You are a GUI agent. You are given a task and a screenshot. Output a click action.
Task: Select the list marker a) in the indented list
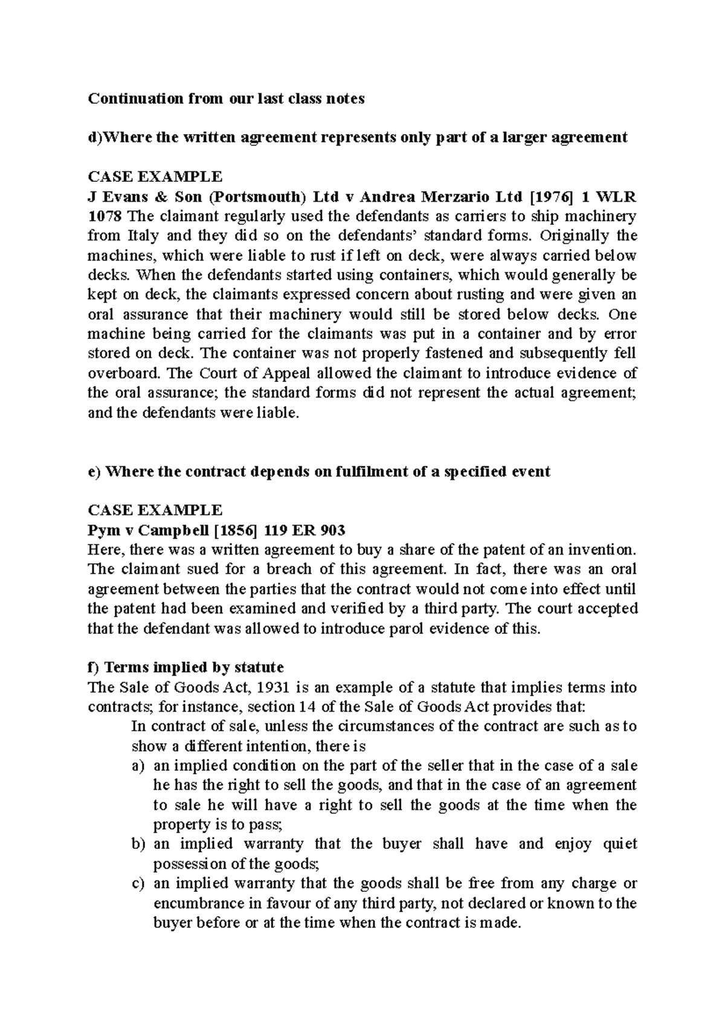coord(138,766)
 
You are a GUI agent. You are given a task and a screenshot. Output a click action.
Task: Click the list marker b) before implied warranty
coord(138,844)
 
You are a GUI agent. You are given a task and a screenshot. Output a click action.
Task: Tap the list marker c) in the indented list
coord(138,883)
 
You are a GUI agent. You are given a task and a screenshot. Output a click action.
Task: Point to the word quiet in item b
coord(620,844)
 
